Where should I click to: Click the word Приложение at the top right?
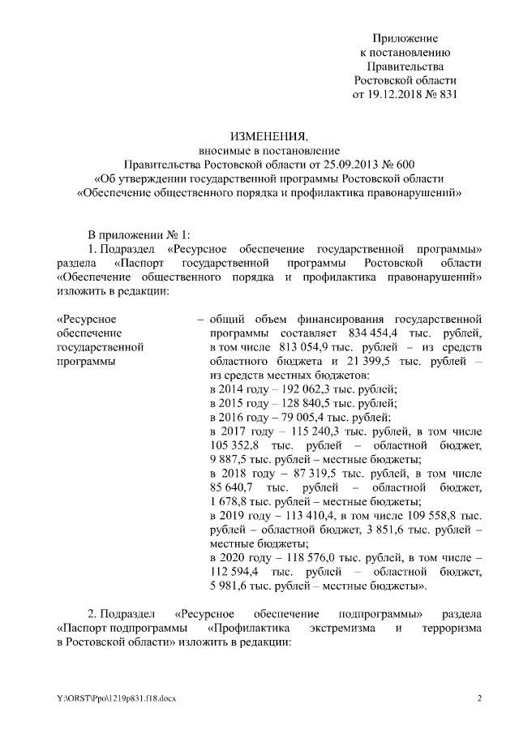pos(405,39)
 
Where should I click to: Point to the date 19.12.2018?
pos(395,94)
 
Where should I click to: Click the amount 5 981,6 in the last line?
pos(229,586)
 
